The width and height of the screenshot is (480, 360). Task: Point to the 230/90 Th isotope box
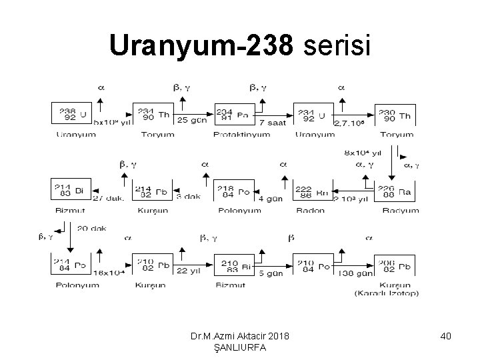[396, 113]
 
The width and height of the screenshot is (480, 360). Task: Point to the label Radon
[312, 210]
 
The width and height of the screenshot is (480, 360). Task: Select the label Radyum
[401, 210]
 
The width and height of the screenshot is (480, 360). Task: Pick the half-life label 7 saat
[272, 123]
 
